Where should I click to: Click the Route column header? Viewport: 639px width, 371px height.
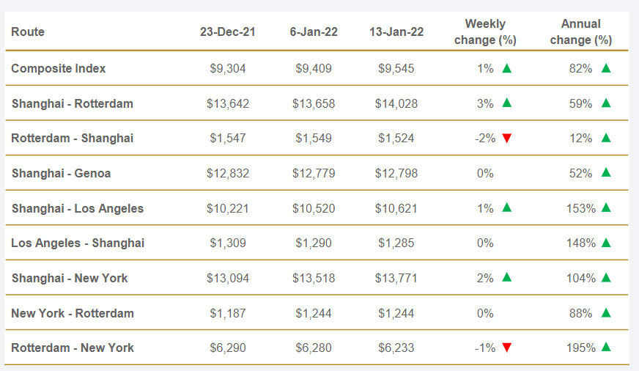click(28, 32)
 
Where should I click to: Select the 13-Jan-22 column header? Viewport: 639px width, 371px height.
click(396, 32)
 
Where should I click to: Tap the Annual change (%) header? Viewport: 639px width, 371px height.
click(580, 32)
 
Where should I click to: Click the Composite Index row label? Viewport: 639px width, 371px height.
click(59, 68)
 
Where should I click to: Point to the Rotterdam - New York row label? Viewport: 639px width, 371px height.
click(73, 348)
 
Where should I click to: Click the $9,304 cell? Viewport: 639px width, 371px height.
click(228, 68)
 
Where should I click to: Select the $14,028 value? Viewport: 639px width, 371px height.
click(396, 103)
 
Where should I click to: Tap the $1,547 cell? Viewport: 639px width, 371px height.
click(228, 138)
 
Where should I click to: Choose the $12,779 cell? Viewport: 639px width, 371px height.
click(314, 173)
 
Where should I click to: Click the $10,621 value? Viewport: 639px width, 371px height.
click(396, 208)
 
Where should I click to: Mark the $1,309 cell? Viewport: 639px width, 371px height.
click(228, 243)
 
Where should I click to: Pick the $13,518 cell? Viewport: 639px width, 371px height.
click(314, 278)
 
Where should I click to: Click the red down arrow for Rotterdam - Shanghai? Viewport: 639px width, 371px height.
click(506, 139)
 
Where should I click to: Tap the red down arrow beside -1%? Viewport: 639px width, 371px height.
click(506, 348)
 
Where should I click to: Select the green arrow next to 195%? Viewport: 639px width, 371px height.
click(606, 347)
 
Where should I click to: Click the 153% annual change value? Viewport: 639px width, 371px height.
click(580, 208)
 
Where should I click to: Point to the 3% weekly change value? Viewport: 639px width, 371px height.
click(485, 103)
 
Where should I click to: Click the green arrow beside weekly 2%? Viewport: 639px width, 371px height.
click(506, 277)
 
